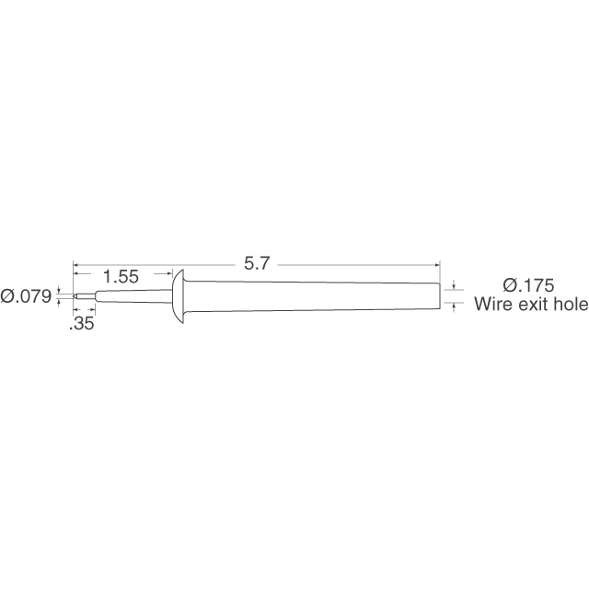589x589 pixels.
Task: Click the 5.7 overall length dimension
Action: pyautogui.click(x=256, y=264)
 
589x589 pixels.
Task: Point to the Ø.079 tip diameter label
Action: pyautogui.click(x=27, y=296)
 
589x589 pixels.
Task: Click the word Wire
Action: pyautogui.click(x=493, y=306)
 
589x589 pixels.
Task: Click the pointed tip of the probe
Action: pyautogui.click(x=75, y=296)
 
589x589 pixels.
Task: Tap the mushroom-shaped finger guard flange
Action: pyautogui.click(x=179, y=296)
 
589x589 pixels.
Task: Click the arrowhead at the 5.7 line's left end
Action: pyautogui.click(x=78, y=264)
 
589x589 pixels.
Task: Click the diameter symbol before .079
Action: pyautogui.click(x=7, y=296)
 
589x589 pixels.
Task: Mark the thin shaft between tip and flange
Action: pyautogui.click(x=133, y=296)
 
